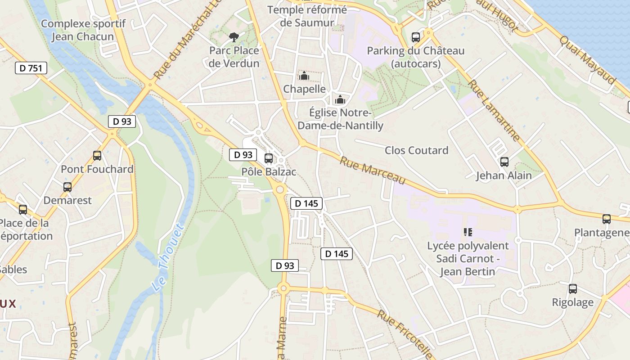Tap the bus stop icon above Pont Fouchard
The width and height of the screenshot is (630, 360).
click(97, 156)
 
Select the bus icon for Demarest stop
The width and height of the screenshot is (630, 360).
click(67, 187)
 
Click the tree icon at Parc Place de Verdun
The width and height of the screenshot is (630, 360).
click(234, 37)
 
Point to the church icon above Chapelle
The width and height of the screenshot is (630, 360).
click(304, 75)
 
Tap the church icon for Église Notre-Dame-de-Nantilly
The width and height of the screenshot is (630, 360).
click(340, 99)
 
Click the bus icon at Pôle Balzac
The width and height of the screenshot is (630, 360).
click(269, 158)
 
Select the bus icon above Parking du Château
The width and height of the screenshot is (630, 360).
click(416, 37)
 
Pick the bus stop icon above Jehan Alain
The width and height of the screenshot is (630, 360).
click(504, 162)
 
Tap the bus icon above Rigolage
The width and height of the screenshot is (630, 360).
click(572, 288)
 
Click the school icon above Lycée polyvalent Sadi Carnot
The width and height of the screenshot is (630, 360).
click(468, 232)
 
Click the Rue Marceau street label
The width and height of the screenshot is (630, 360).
click(372, 170)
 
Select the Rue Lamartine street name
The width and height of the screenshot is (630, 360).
click(494, 110)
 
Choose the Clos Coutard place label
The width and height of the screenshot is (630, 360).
click(416, 150)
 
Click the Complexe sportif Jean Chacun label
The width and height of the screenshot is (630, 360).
click(83, 30)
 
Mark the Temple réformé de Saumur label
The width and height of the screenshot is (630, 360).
click(307, 16)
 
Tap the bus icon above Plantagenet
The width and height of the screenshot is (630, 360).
click(607, 219)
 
